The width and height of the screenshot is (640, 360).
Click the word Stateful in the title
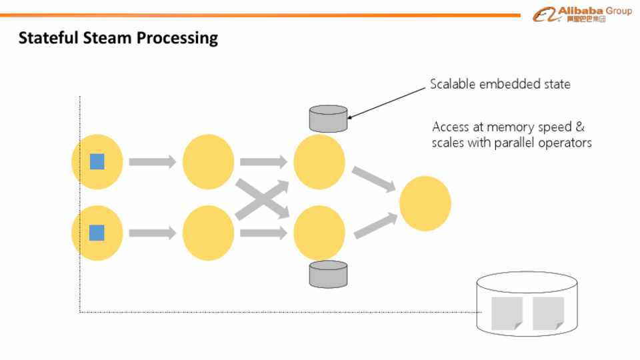coord(49,37)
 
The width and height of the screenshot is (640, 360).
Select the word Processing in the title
coord(177,39)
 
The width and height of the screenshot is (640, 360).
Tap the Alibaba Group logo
coord(582,14)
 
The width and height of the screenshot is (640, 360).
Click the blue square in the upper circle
coord(97,161)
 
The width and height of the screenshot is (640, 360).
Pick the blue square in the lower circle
coord(97,233)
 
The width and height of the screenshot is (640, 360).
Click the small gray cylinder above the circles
coord(328,119)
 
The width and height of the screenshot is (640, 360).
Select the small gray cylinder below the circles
coord(328,274)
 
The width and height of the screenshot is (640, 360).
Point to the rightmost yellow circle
coord(425,203)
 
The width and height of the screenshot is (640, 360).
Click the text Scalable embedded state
coord(500,84)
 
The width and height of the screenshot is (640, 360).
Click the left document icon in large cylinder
coord(507,313)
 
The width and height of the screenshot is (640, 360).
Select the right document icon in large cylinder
coord(548,313)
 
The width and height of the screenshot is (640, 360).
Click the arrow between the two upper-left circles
coord(152,161)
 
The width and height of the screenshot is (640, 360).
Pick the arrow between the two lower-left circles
coord(152,233)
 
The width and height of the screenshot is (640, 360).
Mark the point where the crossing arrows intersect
coord(263,199)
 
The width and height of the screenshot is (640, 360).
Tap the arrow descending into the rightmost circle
coord(373,179)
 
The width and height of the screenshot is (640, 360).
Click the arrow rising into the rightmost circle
coord(375,226)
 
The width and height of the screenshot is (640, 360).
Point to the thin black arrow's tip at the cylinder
coord(347,119)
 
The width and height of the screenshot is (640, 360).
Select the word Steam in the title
coord(107,37)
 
